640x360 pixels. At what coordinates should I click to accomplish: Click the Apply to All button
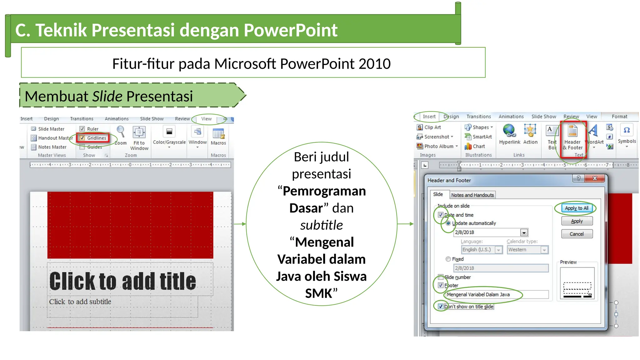pyautogui.click(x=576, y=208)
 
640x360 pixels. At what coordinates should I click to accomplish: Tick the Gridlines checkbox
pyautogui.click(x=82, y=138)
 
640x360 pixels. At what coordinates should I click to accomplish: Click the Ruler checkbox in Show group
pyautogui.click(x=82, y=129)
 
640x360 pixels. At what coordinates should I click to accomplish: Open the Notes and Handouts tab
pyautogui.click(x=472, y=195)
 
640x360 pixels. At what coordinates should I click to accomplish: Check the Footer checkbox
pyautogui.click(x=441, y=285)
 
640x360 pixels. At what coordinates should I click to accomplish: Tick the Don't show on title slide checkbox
pyautogui.click(x=441, y=306)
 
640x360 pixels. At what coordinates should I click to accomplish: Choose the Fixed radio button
pyautogui.click(x=448, y=259)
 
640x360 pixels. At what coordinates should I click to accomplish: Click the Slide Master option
pyautogui.click(x=51, y=129)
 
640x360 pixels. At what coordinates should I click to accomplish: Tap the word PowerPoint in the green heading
pyautogui.click(x=290, y=30)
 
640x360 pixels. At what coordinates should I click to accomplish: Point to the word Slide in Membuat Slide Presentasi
pyautogui.click(x=107, y=96)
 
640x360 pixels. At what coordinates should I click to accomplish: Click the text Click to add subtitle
pyautogui.click(x=80, y=302)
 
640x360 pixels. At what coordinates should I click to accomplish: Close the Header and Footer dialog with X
pyautogui.click(x=595, y=178)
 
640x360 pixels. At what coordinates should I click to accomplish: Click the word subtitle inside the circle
pyautogui.click(x=321, y=225)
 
